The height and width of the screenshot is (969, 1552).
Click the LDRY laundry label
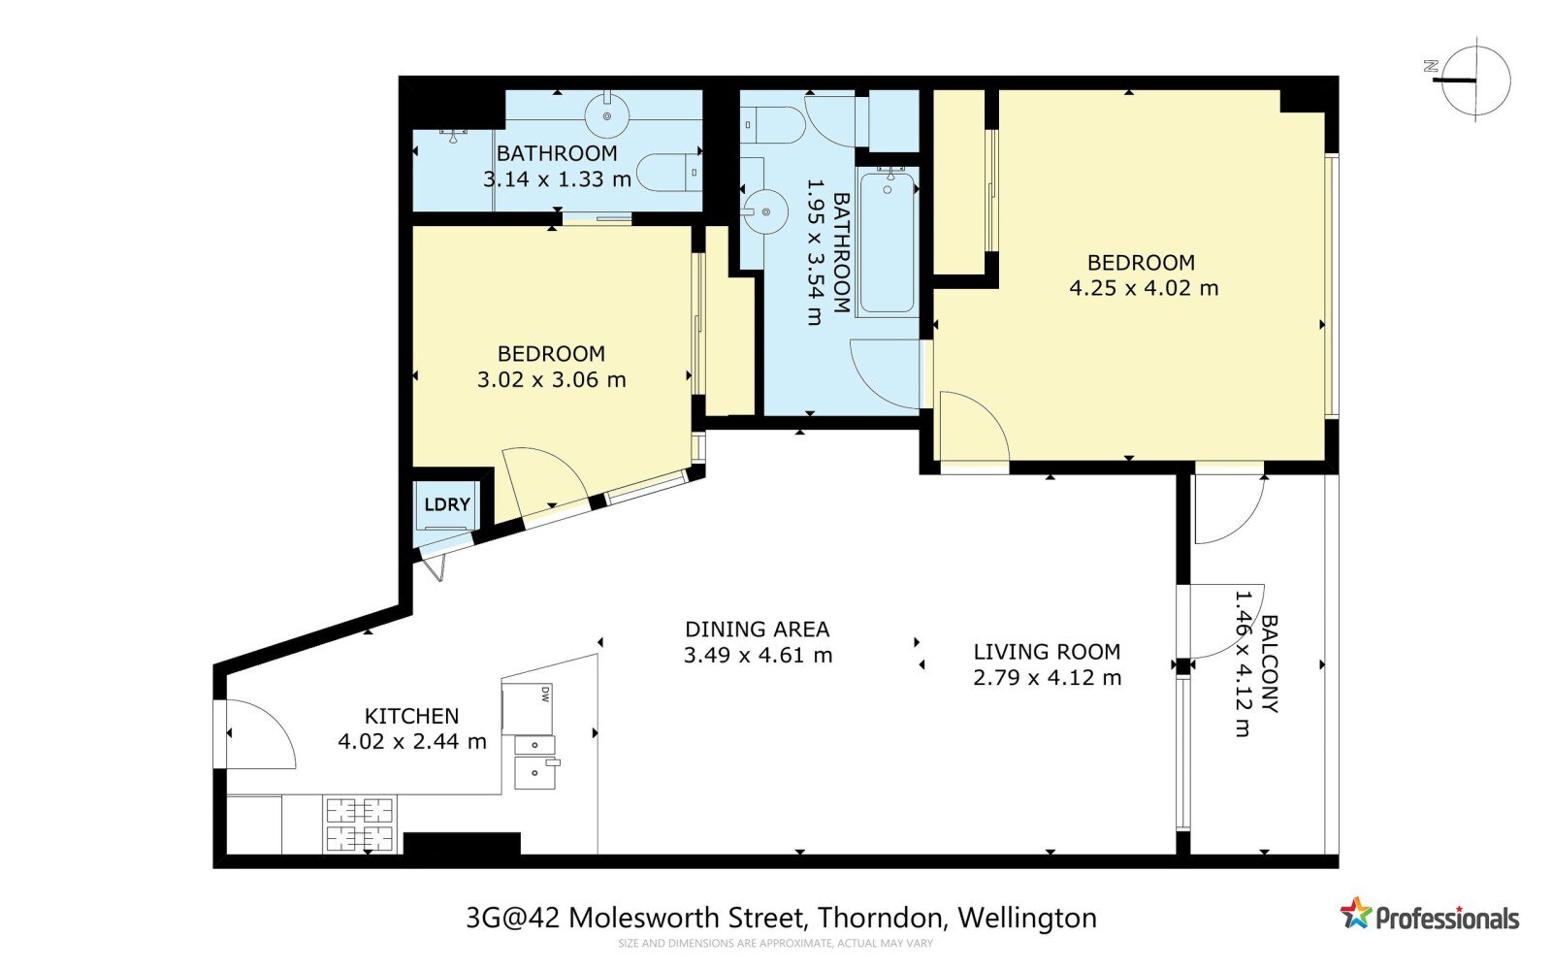[x=447, y=504]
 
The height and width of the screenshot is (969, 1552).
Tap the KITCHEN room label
[x=411, y=716]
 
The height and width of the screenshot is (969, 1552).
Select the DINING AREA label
[x=757, y=629]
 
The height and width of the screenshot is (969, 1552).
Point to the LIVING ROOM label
[x=1047, y=652]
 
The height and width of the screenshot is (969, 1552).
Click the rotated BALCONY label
[x=1270, y=663]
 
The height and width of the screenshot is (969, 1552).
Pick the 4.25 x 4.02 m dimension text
[x=1144, y=288]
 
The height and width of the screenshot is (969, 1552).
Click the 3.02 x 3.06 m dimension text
[x=552, y=379]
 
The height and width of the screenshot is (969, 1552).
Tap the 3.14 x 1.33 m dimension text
[x=557, y=179]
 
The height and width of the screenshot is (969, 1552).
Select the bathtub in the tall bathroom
[x=887, y=242]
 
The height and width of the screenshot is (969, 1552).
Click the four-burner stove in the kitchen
[x=360, y=824]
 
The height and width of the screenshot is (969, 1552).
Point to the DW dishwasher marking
[x=545, y=694]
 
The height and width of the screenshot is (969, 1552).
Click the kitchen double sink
[x=535, y=761]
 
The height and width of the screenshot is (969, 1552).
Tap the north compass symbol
[x=1472, y=81]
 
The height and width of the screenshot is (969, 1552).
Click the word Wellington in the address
[x=1027, y=920]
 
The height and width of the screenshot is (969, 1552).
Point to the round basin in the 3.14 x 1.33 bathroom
[x=607, y=116]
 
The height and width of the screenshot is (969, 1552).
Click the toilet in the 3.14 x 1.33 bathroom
[x=669, y=172]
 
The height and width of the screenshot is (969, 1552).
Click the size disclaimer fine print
[x=775, y=944]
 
